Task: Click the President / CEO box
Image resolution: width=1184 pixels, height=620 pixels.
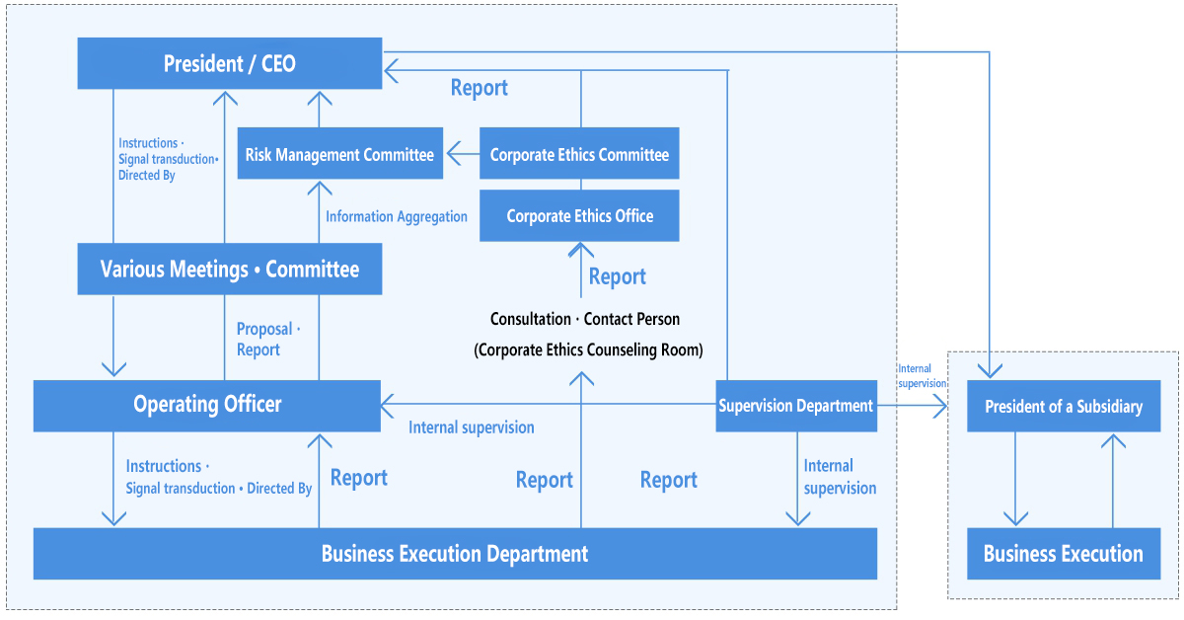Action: point(229,63)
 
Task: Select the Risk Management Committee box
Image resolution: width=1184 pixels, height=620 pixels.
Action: point(339,153)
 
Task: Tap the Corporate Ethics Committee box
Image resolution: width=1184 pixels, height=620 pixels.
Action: point(579,153)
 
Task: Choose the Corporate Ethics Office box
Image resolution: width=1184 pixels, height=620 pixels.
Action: point(579,216)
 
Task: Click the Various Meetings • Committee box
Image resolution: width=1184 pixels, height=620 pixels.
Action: point(229,269)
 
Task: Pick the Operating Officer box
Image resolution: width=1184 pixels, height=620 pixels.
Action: point(206,406)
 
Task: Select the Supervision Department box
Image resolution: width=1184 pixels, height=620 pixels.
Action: point(796,406)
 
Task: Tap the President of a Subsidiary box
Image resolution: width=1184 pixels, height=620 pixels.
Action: point(1064,406)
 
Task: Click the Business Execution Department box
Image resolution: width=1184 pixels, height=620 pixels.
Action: point(455,553)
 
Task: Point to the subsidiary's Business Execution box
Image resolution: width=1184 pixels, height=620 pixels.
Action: point(1064,553)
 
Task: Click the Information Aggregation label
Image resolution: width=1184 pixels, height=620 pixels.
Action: point(397,216)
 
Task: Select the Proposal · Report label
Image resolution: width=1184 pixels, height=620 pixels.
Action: point(268,339)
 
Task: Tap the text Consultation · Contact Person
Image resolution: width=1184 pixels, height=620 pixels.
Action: point(585,319)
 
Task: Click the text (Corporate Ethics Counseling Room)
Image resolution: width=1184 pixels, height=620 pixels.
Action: point(588,349)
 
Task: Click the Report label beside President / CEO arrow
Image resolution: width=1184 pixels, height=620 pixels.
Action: point(479,87)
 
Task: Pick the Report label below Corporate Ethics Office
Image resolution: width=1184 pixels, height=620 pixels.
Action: point(618,276)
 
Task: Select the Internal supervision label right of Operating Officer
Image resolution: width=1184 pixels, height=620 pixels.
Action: point(472,427)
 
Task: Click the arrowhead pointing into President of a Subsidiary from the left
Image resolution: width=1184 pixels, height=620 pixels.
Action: point(940,407)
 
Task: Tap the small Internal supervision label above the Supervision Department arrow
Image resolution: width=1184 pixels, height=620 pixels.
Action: point(922,375)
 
